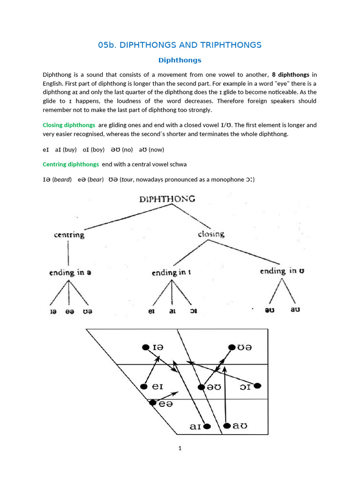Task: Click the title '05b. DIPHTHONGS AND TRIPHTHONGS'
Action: click(180, 45)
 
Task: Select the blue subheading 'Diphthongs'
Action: click(180, 60)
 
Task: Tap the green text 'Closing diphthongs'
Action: click(69, 125)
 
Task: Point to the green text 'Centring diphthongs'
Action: click(71, 164)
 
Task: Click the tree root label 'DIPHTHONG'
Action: click(167, 199)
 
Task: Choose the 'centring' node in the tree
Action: click(69, 234)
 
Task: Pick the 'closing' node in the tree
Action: click(211, 233)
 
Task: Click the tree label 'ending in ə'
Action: click(67, 272)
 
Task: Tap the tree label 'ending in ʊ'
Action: click(282, 271)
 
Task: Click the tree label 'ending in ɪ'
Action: click(171, 272)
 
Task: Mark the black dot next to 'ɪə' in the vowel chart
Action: click(145, 347)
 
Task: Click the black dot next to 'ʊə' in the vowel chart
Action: click(232, 347)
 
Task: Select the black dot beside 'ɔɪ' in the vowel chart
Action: click(257, 386)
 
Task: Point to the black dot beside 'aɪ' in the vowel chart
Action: click(207, 426)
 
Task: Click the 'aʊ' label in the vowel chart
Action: click(240, 426)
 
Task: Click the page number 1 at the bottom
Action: click(180, 448)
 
